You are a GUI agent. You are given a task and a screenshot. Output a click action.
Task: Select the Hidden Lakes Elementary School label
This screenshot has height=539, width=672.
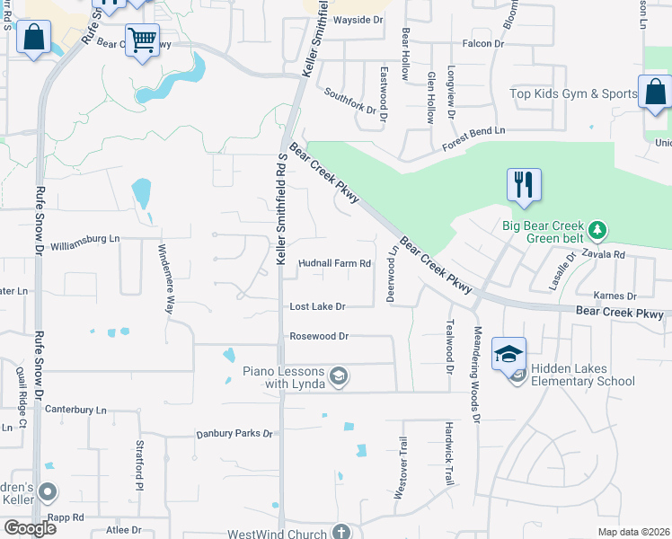point(582,375)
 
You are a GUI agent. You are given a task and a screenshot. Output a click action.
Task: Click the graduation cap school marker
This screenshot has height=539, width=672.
point(508,354)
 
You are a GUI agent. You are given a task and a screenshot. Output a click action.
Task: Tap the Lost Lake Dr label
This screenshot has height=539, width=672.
point(317,306)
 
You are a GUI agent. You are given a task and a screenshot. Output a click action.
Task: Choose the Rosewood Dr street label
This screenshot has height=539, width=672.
point(318,336)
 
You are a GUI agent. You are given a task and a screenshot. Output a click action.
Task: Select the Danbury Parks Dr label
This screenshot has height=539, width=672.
point(234,434)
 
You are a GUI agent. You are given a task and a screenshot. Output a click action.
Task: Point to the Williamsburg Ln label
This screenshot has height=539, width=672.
point(85,240)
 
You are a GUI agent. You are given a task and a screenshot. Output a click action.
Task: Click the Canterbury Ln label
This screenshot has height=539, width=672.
point(76,411)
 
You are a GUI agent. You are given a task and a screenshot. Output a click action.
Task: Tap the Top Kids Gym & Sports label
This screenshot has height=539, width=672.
point(573,93)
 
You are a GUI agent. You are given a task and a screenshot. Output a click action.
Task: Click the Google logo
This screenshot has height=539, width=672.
point(29,528)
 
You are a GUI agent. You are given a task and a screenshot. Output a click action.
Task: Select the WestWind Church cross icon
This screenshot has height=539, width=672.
point(340,533)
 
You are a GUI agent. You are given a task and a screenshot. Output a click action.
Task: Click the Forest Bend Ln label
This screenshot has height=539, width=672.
point(473,130)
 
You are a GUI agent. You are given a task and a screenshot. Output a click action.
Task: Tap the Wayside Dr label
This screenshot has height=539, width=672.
point(358,20)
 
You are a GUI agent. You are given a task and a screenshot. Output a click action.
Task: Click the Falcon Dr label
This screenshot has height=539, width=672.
point(482,43)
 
